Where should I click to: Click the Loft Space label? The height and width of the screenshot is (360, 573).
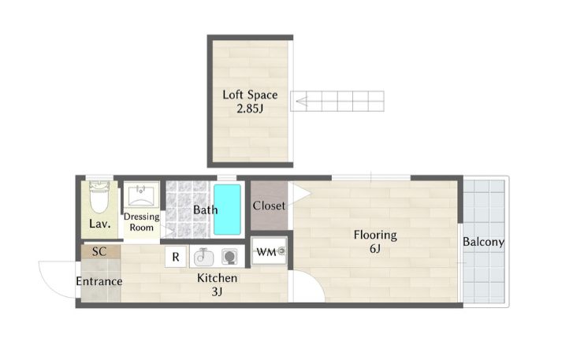pos(251,95)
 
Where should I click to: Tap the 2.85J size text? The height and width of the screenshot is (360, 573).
pos(250,109)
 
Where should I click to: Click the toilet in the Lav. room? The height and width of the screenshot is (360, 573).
pos(99,197)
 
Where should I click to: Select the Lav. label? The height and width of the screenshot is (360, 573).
pos(100,224)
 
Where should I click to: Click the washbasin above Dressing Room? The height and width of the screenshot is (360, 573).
pos(141,195)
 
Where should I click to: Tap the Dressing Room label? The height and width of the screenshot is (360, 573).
pos(141,222)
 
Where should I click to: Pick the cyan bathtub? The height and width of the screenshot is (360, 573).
pos(227,210)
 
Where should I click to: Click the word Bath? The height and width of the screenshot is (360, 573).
pos(206,210)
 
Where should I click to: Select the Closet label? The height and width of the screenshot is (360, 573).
pos(269,206)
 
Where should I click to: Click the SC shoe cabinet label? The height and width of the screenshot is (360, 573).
pos(99,251)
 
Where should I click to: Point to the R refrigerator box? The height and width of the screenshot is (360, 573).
pos(176,257)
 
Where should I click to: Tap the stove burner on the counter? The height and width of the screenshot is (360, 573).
pos(229,257)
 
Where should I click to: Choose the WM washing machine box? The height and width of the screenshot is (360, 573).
pos(270,251)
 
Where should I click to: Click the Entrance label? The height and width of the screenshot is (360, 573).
pos(99,281)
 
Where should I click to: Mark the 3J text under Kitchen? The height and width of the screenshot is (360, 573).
pos(217,291)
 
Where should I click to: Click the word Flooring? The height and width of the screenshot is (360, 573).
pos(375,235)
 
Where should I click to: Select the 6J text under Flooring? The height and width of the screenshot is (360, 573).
pos(375,249)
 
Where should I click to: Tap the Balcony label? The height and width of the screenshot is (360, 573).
pos(483,242)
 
